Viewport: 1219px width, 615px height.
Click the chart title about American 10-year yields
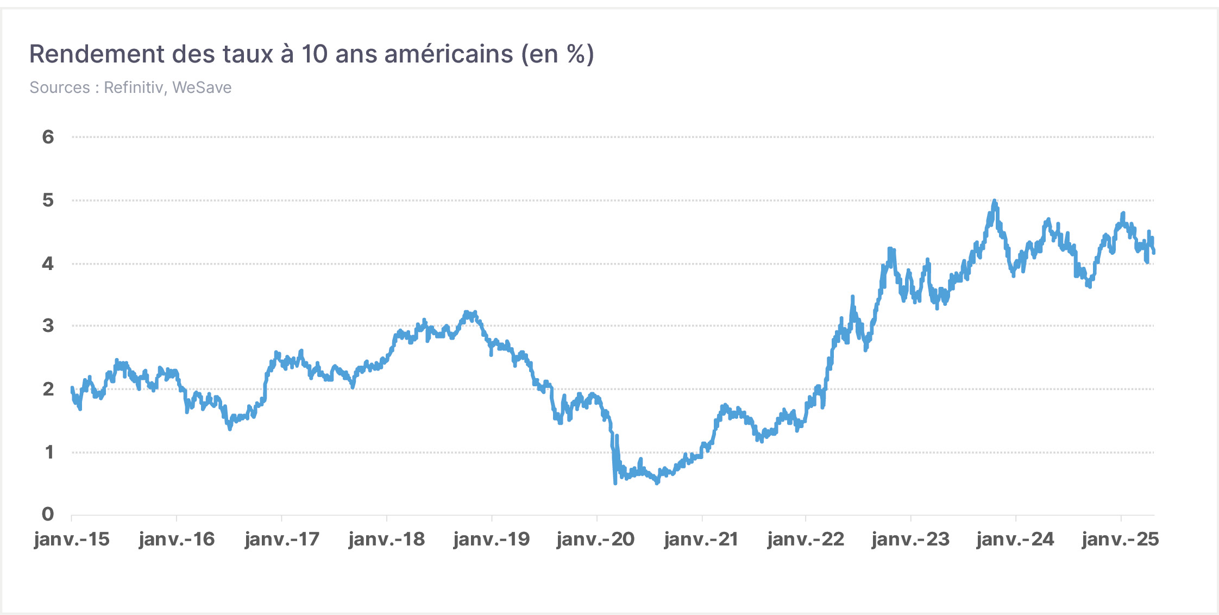pyautogui.click(x=312, y=54)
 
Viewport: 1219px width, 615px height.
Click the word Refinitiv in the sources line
pyautogui.click(x=134, y=87)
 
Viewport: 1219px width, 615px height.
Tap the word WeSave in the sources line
pyautogui.click(x=202, y=87)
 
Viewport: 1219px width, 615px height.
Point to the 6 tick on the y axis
pyautogui.click(x=48, y=137)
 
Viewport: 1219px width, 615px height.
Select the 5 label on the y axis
pyautogui.click(x=48, y=200)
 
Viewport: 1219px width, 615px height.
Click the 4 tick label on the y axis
pyautogui.click(x=48, y=263)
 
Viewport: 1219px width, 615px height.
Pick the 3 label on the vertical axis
pyautogui.click(x=48, y=325)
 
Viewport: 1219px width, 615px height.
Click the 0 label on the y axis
pyautogui.click(x=48, y=514)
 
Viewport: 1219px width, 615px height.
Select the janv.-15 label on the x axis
pyautogui.click(x=72, y=539)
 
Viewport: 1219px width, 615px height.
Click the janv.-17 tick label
pyautogui.click(x=282, y=539)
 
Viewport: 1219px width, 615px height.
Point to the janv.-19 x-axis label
pyautogui.click(x=492, y=539)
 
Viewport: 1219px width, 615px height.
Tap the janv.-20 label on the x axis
pyautogui.click(x=596, y=539)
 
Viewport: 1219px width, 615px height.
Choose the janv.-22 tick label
pyautogui.click(x=806, y=539)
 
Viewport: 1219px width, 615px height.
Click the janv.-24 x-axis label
pyautogui.click(x=1015, y=539)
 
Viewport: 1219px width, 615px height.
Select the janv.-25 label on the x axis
pyautogui.click(x=1120, y=539)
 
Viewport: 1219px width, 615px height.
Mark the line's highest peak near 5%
pyautogui.click(x=995, y=201)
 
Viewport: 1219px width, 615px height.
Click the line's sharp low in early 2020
pyautogui.click(x=615, y=483)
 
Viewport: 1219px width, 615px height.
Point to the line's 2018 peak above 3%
pyautogui.click(x=466, y=312)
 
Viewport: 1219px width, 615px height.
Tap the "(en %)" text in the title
pyautogui.click(x=558, y=54)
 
